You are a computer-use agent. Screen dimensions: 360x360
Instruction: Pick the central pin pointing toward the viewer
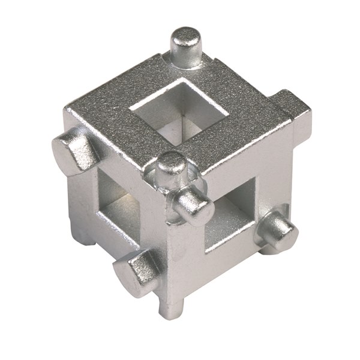point(193,204)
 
